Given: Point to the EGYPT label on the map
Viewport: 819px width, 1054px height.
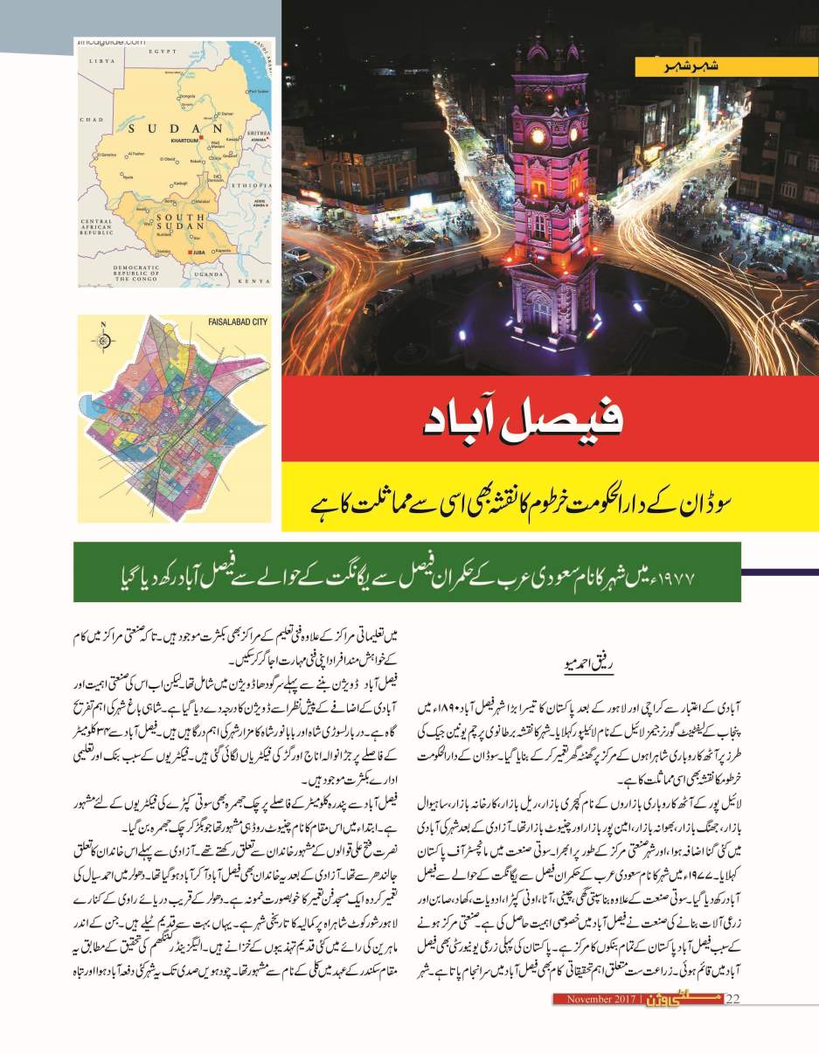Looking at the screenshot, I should pyautogui.click(x=163, y=52).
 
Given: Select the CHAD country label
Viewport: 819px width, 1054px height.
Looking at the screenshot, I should pyautogui.click(x=91, y=119).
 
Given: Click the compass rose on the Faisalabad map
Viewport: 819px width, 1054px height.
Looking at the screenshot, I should pyautogui.click(x=103, y=337).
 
